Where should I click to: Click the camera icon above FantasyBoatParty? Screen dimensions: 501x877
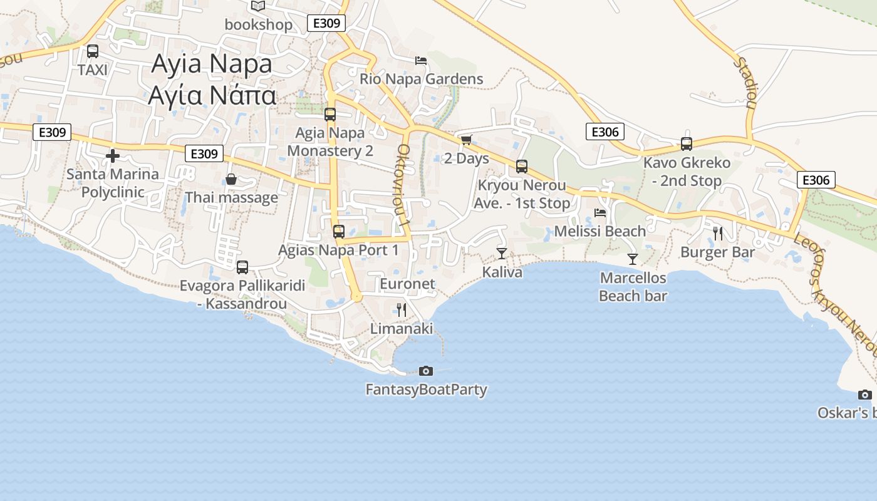tap(425, 371)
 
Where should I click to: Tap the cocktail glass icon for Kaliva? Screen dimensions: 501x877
tap(501, 253)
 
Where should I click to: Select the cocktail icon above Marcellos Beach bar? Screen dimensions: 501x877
tap(633, 259)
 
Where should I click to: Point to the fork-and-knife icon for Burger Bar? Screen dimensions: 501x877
tap(718, 234)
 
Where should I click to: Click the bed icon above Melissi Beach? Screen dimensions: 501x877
tap(600, 213)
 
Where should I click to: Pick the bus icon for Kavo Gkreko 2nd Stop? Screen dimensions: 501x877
tap(687, 144)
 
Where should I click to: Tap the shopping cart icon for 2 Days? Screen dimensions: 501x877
tap(465, 140)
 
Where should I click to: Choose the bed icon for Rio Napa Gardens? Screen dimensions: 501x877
tap(421, 61)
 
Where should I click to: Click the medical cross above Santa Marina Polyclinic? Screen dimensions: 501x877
tap(113, 155)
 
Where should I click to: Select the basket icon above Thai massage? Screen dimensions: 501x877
tap(231, 180)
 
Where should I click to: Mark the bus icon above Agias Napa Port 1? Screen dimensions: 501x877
tap(339, 232)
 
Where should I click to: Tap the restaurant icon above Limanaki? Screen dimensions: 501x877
tap(402, 309)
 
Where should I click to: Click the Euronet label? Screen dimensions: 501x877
tap(407, 284)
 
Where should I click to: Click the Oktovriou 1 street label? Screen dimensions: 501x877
tap(404, 185)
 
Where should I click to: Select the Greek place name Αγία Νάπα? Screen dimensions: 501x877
tap(212, 95)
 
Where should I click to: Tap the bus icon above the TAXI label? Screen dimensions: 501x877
tap(93, 51)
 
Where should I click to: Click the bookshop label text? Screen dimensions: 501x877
tap(259, 24)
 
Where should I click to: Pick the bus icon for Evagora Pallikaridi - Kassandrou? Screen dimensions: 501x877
tap(242, 267)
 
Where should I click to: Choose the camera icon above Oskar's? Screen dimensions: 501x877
tap(865, 395)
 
